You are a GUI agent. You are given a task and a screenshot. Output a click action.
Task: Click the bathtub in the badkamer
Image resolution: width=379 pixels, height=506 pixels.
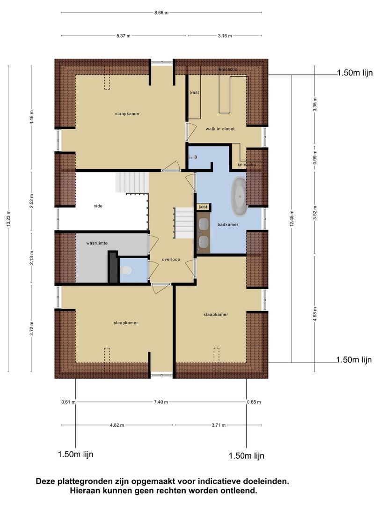tap(240, 197)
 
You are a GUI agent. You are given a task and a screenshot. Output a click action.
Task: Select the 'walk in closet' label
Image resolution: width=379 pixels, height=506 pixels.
tap(220, 128)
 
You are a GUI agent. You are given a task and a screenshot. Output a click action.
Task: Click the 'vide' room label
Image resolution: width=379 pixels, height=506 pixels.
tap(98, 206)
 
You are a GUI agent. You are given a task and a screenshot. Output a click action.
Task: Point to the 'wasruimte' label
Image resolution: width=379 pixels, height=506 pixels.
tap(97, 244)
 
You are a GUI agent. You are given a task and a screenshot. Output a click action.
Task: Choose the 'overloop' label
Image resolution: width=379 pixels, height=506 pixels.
tap(171, 259)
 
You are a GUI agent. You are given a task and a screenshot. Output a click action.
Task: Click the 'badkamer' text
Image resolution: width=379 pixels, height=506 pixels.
tap(228, 224)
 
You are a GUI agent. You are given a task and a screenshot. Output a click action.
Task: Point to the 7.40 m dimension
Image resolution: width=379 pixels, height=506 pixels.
tap(160, 402)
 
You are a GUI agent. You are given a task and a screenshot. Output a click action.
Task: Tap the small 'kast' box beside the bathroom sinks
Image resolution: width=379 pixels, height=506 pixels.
tap(203, 207)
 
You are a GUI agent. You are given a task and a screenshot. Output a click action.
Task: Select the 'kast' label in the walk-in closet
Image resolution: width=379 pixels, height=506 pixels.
tap(194, 92)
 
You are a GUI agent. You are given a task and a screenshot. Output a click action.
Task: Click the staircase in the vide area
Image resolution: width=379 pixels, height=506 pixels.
tap(132, 182)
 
